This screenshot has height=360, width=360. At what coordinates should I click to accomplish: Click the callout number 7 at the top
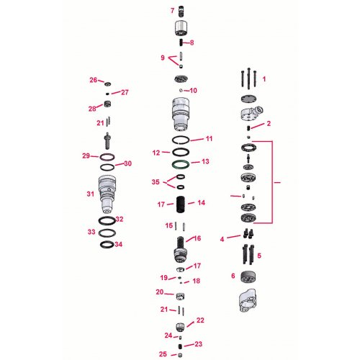click(x=172, y=11)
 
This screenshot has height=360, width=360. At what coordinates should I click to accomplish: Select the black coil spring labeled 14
click(x=181, y=204)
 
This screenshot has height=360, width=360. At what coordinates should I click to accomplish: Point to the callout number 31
click(x=91, y=194)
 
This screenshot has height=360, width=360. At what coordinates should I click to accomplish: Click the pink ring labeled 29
click(x=107, y=157)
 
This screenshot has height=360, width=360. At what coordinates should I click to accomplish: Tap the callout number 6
click(x=233, y=276)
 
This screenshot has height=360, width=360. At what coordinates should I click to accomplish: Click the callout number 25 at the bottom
click(x=163, y=354)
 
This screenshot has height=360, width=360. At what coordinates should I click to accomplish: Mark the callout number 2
click(x=269, y=124)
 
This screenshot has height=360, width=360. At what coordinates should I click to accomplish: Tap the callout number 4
click(x=222, y=238)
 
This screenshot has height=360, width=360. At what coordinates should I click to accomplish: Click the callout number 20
click(x=160, y=292)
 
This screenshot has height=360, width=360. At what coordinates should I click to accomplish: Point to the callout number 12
click(x=156, y=153)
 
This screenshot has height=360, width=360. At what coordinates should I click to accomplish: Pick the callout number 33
click(x=91, y=232)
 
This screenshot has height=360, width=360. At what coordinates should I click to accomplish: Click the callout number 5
click(x=259, y=255)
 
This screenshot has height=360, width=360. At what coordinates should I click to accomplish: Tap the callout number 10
click(x=194, y=91)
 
